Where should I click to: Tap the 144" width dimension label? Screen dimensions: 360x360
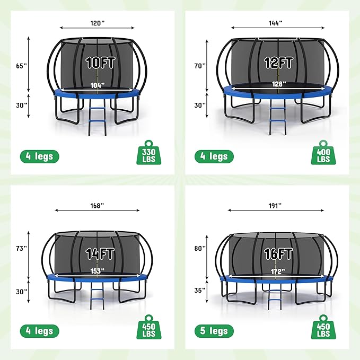pos(275,23)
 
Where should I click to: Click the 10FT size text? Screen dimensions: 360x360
pos(98,64)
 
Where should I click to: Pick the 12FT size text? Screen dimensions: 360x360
pos(278,63)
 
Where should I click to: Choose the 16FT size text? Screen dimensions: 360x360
pos(278,253)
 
